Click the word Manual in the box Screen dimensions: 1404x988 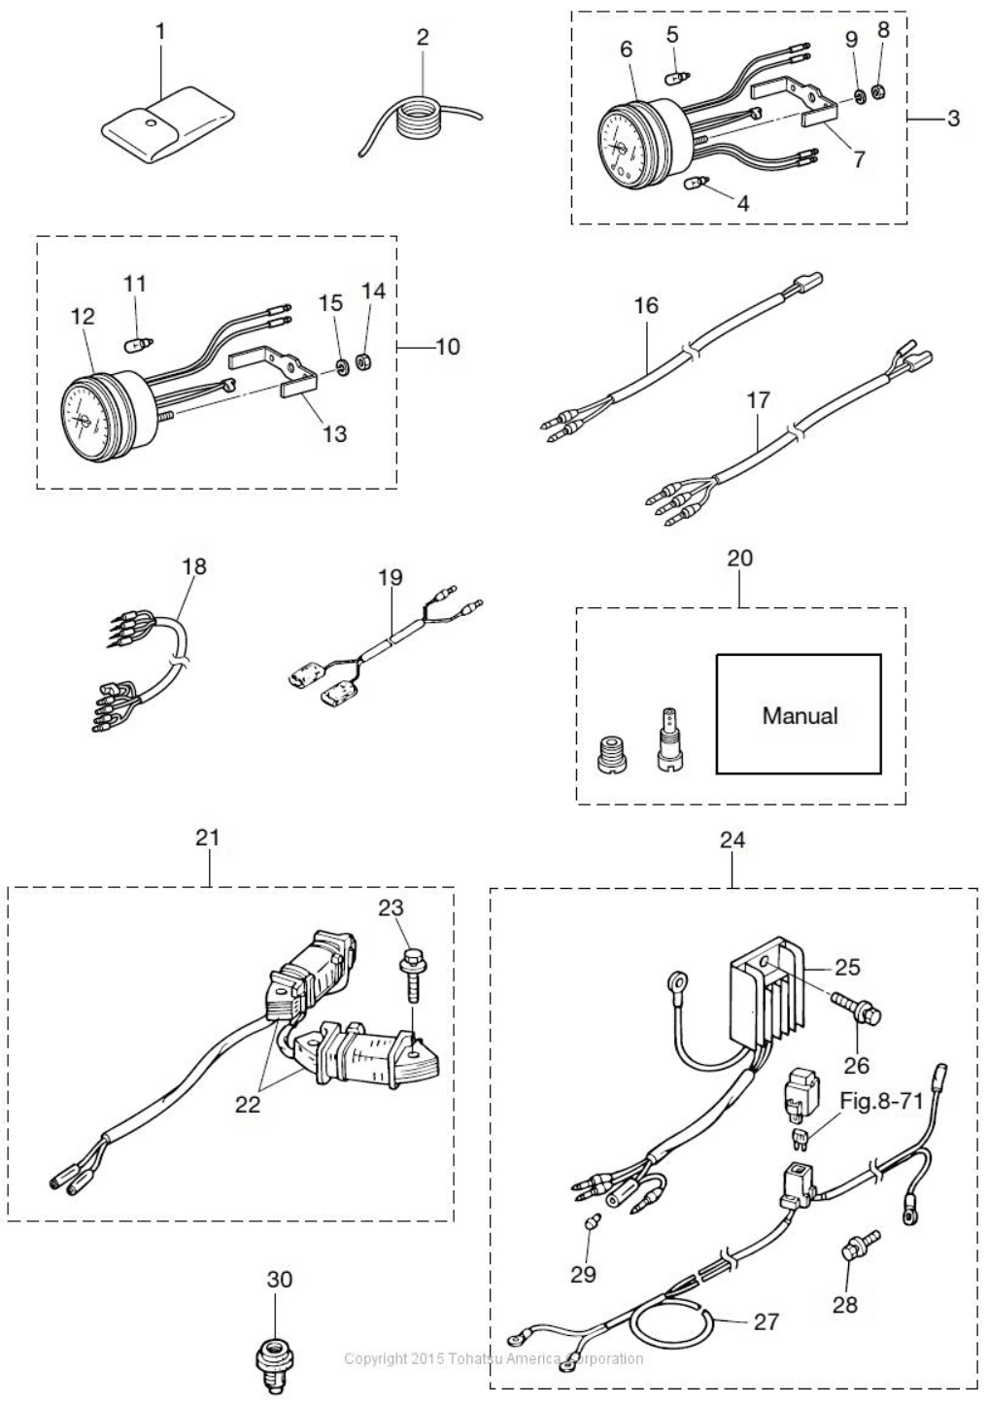799,716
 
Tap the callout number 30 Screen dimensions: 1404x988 279,1280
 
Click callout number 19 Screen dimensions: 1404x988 390,577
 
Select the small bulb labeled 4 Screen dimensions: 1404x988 698,182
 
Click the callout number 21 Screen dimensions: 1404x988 207,838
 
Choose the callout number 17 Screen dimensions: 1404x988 758,400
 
